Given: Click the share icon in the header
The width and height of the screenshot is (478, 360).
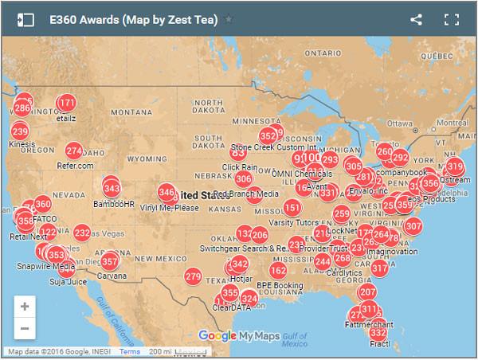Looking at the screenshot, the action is pos(416,20).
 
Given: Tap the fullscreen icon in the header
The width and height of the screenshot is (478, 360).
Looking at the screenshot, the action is pos(452,20).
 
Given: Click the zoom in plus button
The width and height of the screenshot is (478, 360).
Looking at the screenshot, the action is pos(25,306).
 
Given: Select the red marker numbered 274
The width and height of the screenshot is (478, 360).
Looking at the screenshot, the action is pos(74,151).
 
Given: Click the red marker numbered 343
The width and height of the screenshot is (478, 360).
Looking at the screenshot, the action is pos(112,188).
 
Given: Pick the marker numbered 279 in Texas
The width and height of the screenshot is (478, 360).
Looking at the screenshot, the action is pos(193,276).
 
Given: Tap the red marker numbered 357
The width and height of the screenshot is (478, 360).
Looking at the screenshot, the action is pos(109,261).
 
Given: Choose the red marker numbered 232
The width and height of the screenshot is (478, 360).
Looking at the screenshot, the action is pos(82,233).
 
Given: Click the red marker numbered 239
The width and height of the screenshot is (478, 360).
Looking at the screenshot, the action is pos(20,131).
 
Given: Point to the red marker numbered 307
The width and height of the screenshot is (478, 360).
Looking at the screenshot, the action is pos(413,226).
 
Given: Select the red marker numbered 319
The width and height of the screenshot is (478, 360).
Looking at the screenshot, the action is pos(455,166).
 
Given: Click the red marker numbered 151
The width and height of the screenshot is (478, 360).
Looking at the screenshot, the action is pos(292,208).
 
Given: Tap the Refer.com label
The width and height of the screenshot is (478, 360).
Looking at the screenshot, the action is pos(75,166).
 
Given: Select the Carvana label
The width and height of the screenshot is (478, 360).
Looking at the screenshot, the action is pos(111,276).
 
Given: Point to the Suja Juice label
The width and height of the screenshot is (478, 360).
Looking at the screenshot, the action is pos(68,281).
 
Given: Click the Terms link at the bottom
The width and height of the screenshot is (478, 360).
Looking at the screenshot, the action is pos(130,351).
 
